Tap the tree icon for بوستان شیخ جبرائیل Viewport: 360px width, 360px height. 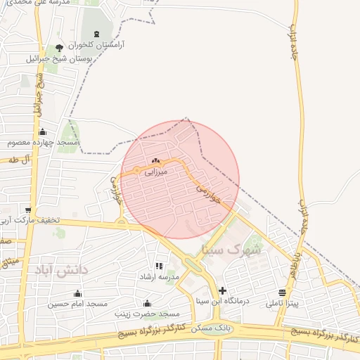59,47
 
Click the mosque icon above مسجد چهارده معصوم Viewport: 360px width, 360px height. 42,131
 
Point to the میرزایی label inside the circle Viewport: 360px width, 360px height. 155,171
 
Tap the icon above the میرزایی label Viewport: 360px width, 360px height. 155,161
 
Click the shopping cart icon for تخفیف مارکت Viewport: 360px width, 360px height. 28,210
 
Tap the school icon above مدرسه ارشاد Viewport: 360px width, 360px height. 159,266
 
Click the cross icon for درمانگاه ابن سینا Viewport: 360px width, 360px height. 223,290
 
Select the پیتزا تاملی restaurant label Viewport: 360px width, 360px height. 282,304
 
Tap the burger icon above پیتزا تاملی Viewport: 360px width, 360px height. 282,293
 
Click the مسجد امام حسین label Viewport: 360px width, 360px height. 77,304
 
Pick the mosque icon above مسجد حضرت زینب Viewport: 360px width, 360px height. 147,303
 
